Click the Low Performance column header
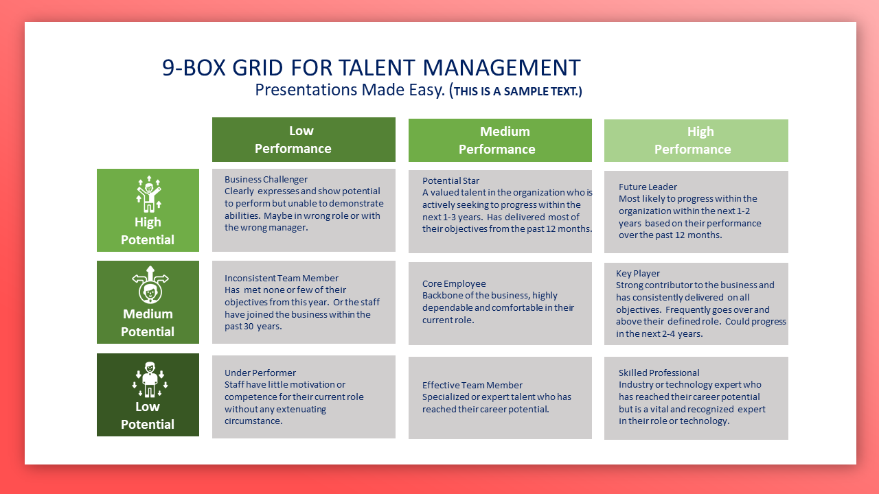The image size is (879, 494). (x=304, y=139)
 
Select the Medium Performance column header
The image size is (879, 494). (x=500, y=141)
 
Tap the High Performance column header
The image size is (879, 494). (x=696, y=141)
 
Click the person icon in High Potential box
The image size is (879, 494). (x=148, y=194)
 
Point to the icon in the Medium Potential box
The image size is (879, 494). (x=150, y=285)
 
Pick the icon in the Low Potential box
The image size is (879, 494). (x=150, y=379)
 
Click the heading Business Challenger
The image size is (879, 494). (x=266, y=180)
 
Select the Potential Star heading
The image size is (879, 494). (x=450, y=180)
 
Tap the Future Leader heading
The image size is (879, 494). (x=648, y=187)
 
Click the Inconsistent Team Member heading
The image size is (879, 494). (x=282, y=278)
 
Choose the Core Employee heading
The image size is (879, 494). (x=454, y=283)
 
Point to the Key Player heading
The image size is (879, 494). (x=638, y=273)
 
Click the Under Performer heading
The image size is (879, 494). (x=260, y=373)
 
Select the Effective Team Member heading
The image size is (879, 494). (x=472, y=385)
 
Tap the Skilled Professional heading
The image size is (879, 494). (x=659, y=373)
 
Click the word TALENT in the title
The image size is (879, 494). (x=376, y=67)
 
